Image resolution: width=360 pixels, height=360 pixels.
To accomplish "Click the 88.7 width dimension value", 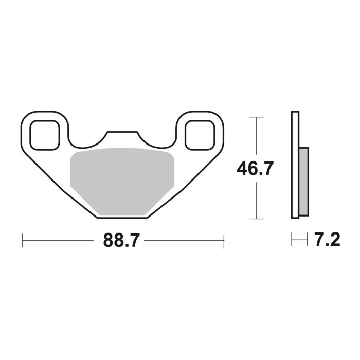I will tap(121, 240).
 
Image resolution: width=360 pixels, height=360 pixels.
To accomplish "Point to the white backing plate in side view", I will tap(295, 165).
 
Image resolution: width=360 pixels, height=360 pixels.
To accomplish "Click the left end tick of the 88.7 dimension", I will tap(22, 240).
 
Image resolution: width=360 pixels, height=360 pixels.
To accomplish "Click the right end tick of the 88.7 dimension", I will tap(224, 240).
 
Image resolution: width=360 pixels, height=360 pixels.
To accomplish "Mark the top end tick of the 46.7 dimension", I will tap(256, 117).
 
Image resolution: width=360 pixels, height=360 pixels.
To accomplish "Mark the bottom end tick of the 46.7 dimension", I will tap(256, 218).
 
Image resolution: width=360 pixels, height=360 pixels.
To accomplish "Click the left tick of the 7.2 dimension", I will tap(292, 240).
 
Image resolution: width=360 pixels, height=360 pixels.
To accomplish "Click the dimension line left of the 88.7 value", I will tap(62, 240).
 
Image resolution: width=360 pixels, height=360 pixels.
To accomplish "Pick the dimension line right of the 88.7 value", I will tap(183, 240).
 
